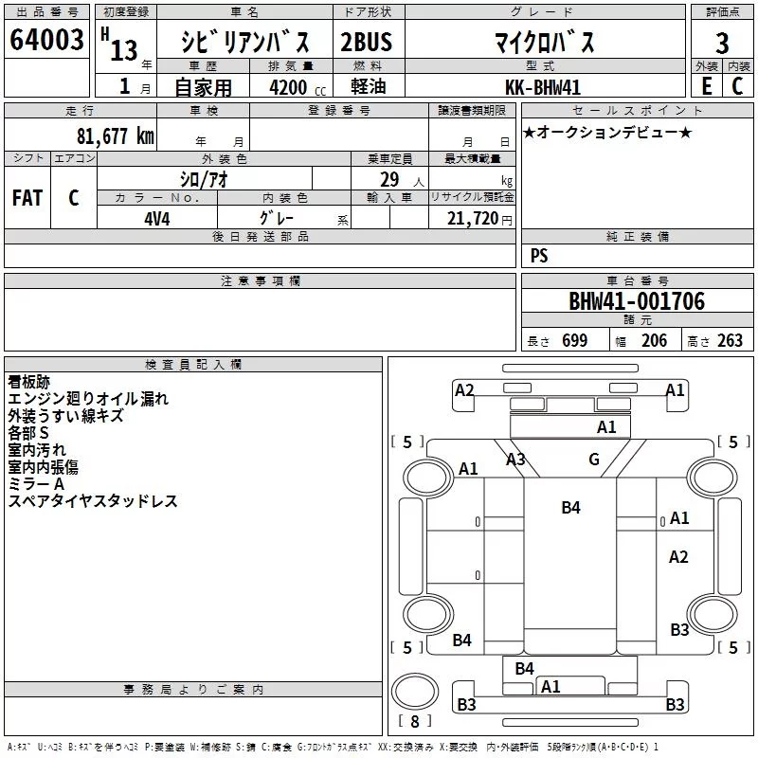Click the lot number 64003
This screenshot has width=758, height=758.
[x=46, y=41]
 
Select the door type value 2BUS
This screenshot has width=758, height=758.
[x=366, y=42]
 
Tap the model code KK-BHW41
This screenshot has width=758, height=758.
[x=543, y=86]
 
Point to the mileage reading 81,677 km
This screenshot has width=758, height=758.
[x=115, y=135]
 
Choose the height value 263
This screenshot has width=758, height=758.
[x=730, y=341]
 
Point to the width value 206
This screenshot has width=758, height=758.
[x=654, y=341]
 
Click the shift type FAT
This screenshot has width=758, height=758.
[x=27, y=198]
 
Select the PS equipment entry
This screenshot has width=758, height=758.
[x=539, y=256]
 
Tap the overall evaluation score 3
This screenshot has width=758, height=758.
[x=722, y=43]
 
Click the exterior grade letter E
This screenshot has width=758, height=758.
[x=706, y=86]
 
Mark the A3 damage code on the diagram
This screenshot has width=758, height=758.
[x=515, y=460]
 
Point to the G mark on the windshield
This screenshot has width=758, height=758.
[x=594, y=460]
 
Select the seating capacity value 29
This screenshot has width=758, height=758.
[x=388, y=179]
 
